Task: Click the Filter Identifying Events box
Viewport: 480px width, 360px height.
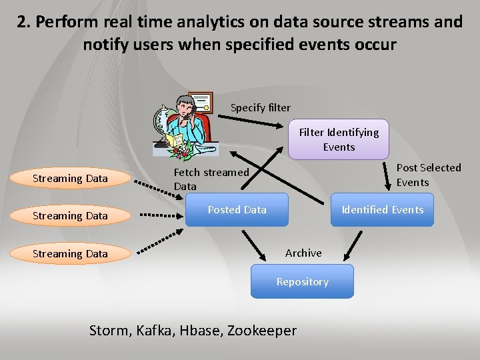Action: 339,140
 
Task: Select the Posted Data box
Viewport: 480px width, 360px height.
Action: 237,210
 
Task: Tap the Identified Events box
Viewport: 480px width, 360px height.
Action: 382,210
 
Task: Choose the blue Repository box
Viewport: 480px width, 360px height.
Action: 302,281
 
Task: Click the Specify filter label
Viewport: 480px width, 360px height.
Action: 260,107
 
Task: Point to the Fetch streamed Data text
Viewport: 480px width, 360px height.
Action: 211,179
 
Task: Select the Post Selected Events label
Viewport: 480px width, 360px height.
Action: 428,175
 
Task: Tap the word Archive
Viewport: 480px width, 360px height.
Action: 303,253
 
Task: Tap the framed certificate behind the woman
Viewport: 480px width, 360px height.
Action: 199,102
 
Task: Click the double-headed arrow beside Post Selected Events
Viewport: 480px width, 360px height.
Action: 389,175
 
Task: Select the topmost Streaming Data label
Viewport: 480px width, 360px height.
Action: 70,178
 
